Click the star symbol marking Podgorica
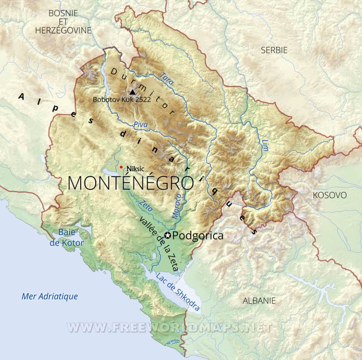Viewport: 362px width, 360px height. click(168, 236)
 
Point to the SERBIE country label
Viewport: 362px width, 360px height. click(274, 50)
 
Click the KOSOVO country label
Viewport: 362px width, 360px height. click(329, 195)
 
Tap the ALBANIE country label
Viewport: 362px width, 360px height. click(259, 300)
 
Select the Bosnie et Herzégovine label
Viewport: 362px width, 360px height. click(63, 22)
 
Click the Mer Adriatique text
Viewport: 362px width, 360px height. click(49, 297)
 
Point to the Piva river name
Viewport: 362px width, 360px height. click(140, 125)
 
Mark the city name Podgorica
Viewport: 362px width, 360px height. click(200, 236)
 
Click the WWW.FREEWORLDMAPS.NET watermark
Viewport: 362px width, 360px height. click(169, 327)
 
